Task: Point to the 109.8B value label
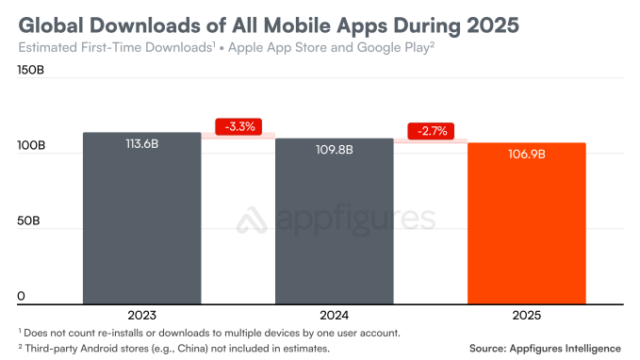pos(334,150)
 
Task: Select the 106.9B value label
pos(526,154)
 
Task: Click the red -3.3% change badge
pos(237,126)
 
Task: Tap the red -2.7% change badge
pos(429,131)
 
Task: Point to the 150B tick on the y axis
pos(31,70)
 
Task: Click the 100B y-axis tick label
pos(31,146)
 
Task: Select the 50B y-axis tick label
pos(28,221)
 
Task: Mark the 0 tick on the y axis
pos(21,297)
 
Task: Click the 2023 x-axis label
pos(141,315)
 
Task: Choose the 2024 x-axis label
pos(334,315)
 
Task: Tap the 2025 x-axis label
pos(526,315)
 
